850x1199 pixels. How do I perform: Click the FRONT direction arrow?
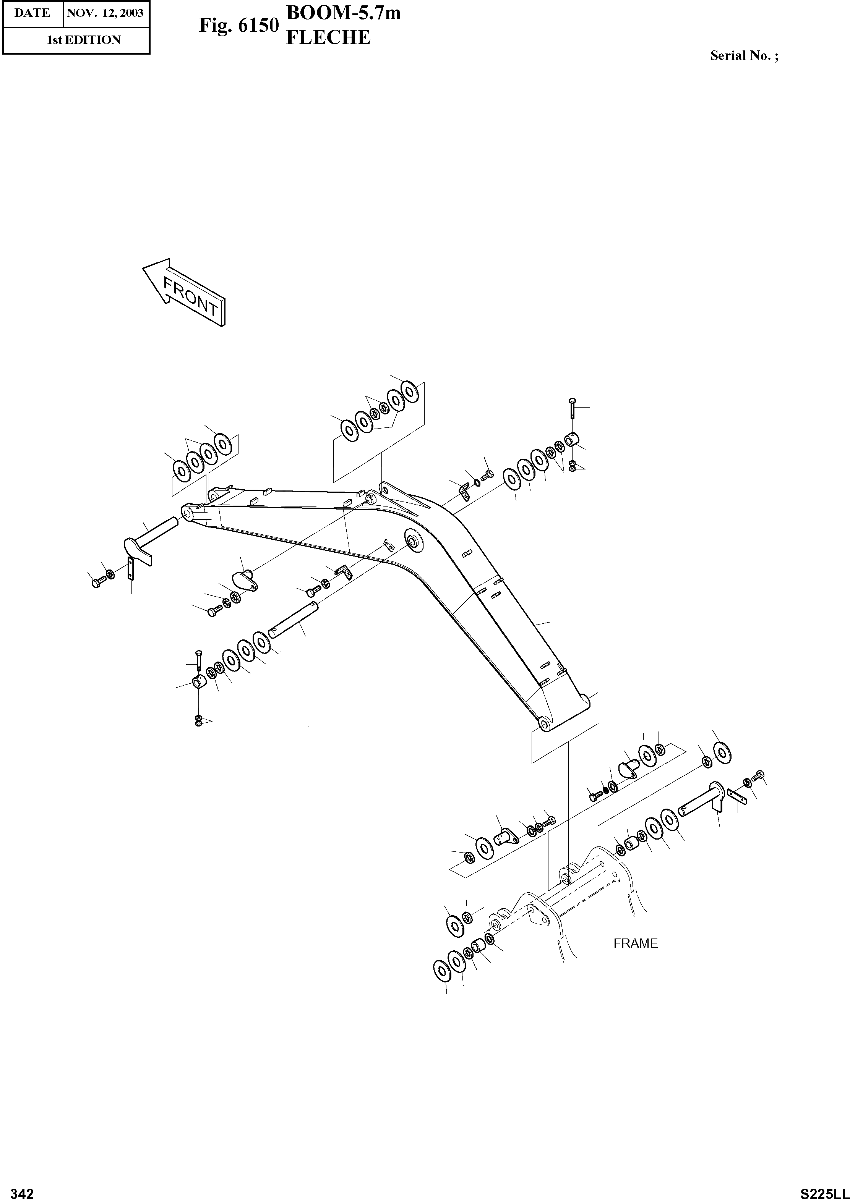(184, 293)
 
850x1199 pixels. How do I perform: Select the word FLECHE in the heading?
(328, 38)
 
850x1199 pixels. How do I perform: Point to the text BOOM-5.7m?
(343, 13)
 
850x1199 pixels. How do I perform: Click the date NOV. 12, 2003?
(105, 13)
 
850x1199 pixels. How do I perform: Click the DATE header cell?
(32, 13)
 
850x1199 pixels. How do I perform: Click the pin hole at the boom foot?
(544, 724)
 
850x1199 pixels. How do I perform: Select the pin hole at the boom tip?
(187, 511)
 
